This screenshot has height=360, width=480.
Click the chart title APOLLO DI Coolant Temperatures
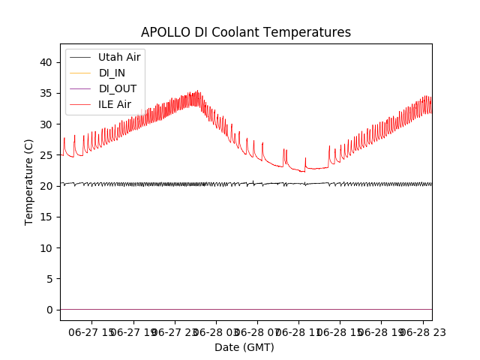tap(246, 32)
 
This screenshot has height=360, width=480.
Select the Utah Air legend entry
tap(118, 57)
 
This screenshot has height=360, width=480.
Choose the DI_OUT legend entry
tap(117, 88)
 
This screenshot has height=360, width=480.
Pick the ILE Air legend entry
tap(115, 104)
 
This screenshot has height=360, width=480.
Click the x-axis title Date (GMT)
tap(244, 347)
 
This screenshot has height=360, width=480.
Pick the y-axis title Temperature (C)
tap(29, 181)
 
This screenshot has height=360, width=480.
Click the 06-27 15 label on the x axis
tap(92, 331)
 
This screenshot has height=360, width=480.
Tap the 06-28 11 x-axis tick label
tap(298, 331)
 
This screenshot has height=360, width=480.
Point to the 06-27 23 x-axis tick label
tap(175, 331)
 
